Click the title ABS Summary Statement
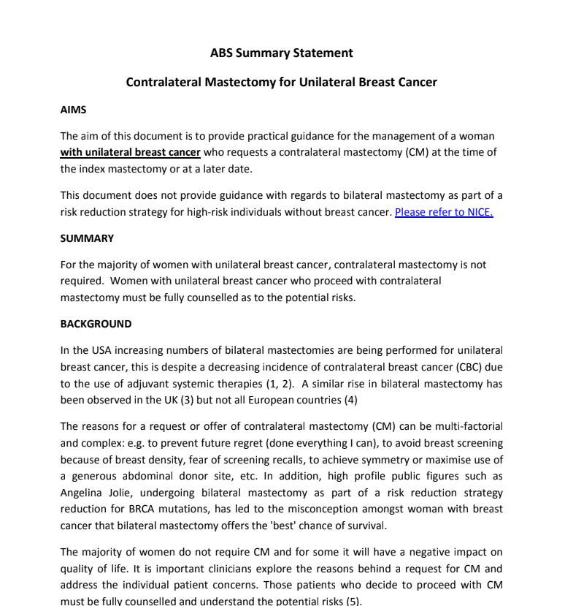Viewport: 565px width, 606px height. pos(281,53)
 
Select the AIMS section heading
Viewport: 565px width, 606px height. pos(73,110)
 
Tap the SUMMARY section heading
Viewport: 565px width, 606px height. pos(87,238)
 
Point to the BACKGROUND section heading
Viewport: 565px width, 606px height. pos(96,324)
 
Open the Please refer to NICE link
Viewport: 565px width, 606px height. pos(444,213)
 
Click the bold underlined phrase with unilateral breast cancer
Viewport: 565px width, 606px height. pos(130,152)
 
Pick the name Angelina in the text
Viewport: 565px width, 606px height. pos(82,493)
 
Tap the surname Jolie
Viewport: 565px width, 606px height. pos(120,493)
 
